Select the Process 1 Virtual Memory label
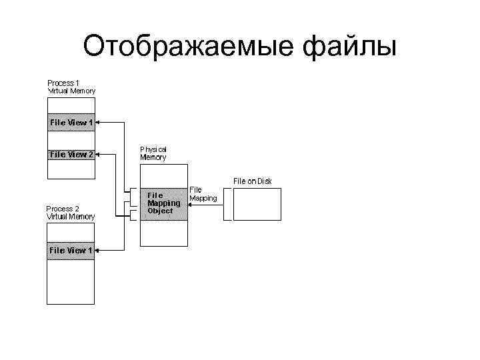71,87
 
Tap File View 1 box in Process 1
71,123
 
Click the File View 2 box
71,155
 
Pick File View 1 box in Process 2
71,251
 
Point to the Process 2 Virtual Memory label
71,213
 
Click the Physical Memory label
153,153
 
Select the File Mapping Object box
164,203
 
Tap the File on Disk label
252,181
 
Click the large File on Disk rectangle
257,204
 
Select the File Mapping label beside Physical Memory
203,194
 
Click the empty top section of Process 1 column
71,106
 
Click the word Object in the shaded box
160,211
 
